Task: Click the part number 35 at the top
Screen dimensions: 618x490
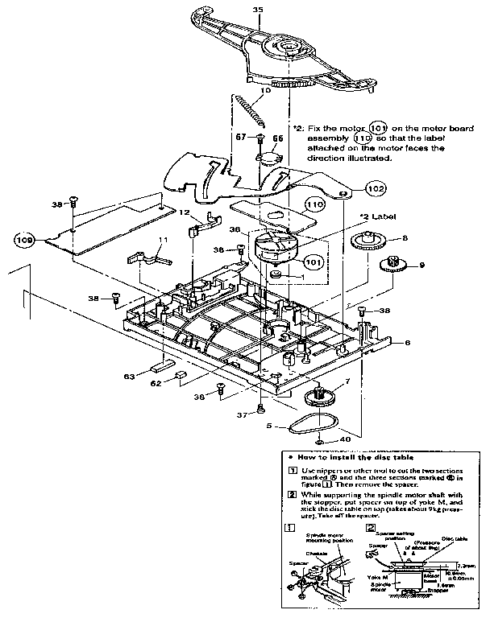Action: click(258, 9)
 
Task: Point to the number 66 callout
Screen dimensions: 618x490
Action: click(278, 138)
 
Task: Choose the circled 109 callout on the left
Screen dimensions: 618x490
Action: click(25, 239)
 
